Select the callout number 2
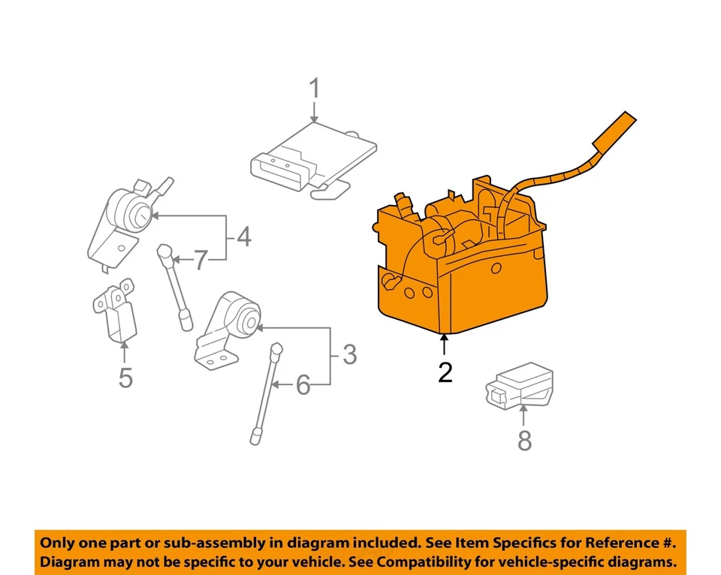coord(445,372)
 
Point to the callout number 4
coord(243,238)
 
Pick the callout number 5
coord(125,378)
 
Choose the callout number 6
coord(303,386)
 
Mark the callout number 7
coord(200,260)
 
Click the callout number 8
coord(524,441)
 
